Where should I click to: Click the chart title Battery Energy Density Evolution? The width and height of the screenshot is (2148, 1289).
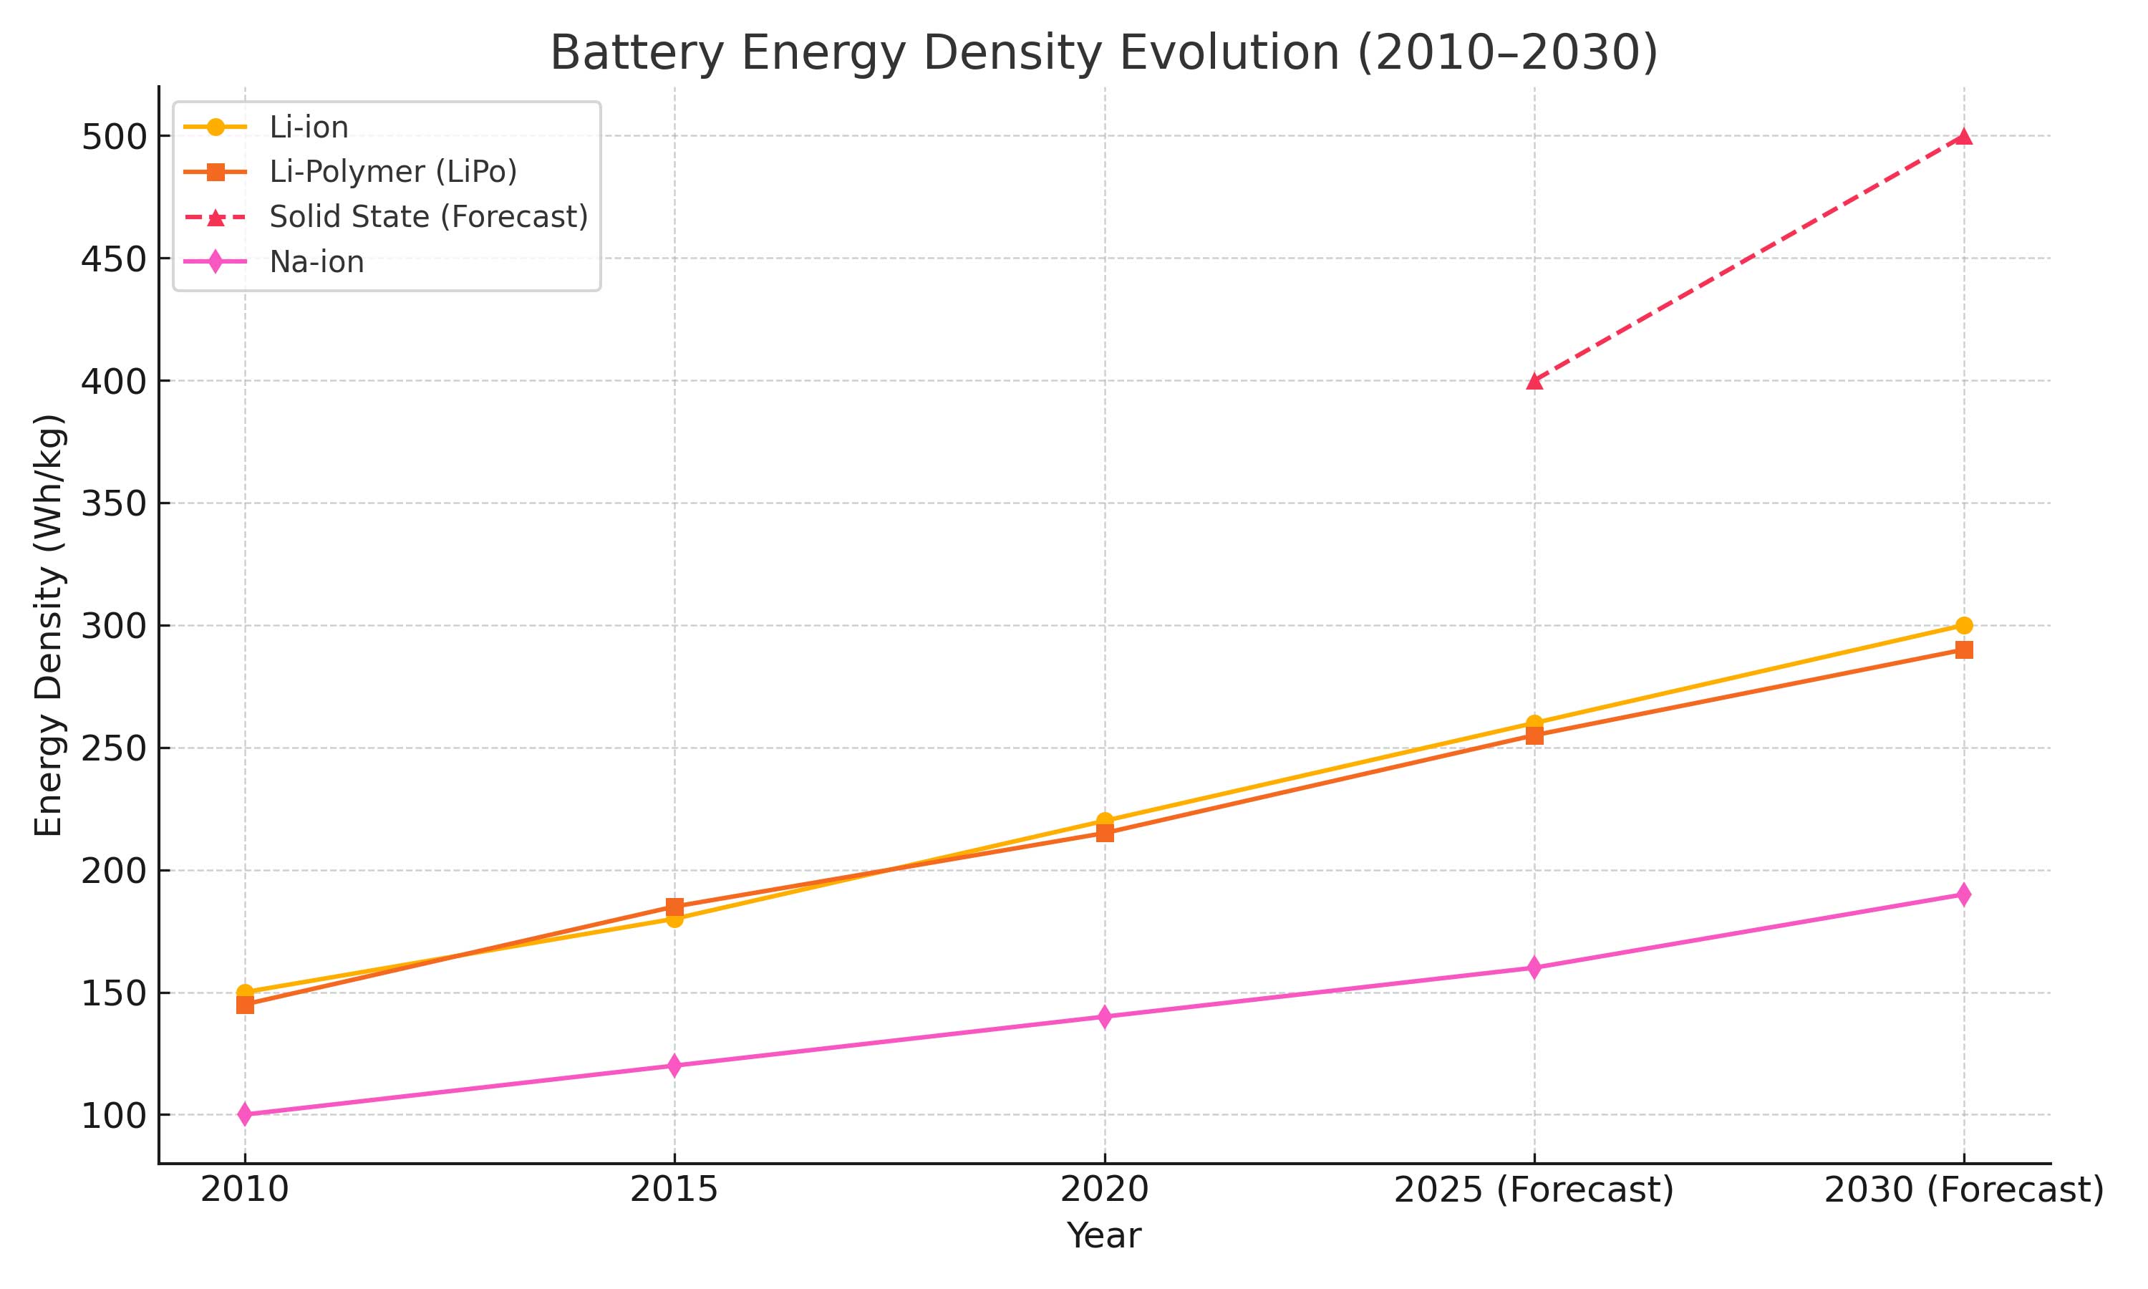1103,53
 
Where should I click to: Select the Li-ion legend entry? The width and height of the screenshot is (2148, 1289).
308,127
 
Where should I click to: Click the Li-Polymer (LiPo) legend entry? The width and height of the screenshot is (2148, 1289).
392,172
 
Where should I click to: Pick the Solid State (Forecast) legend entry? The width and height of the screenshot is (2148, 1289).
428,216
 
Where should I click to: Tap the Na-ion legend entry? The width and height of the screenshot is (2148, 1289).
316,261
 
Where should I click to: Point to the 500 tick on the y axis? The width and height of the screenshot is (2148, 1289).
113,137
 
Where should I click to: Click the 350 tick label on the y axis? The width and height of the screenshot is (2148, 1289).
113,504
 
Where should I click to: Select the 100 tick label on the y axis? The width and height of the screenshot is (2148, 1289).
113,1116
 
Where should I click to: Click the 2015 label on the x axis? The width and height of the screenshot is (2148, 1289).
674,1189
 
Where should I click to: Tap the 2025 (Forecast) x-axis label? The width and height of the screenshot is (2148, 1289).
1533,1189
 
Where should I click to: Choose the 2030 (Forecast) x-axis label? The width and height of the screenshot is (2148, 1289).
1964,1189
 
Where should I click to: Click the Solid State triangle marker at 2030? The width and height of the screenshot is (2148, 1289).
1964,136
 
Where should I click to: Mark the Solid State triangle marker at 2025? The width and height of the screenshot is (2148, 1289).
1534,380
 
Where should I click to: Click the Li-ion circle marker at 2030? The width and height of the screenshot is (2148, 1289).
1964,625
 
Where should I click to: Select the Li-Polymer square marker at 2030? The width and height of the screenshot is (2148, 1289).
1964,650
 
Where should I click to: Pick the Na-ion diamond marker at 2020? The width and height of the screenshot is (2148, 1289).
1104,1016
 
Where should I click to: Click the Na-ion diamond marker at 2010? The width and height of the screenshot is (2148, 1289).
245,1114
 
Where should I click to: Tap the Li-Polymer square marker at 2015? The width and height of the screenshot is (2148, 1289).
674,907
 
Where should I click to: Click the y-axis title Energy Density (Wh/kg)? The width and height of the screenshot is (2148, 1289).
49,625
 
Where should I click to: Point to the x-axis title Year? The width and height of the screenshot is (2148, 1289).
1103,1236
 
